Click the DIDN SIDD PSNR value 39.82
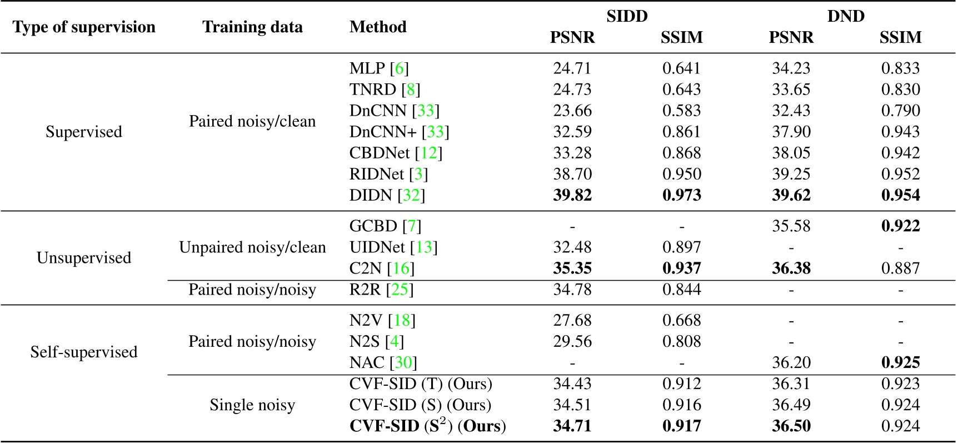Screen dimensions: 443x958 click(572, 196)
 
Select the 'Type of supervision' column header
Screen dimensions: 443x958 click(84, 27)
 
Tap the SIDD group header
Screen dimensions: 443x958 click(627, 16)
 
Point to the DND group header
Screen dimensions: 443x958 click(845, 16)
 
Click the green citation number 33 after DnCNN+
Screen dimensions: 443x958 click(435, 132)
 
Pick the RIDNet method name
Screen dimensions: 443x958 click(376, 175)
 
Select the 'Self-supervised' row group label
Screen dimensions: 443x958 click(84, 352)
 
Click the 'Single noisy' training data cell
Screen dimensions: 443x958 click(252, 405)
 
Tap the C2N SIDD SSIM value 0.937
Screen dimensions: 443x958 click(681, 268)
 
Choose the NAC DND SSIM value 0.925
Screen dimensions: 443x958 click(900, 363)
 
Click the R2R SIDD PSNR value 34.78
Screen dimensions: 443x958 click(572, 290)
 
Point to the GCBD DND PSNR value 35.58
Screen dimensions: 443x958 click(791, 226)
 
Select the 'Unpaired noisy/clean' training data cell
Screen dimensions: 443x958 click(252, 247)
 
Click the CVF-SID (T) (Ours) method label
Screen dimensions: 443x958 click(421, 384)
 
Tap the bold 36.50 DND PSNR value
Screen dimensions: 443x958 click(791, 426)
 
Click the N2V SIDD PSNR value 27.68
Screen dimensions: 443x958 click(572, 321)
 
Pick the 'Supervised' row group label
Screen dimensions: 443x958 click(84, 132)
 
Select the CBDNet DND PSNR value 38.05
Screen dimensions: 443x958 click(791, 153)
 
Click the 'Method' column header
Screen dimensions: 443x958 click(378, 27)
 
